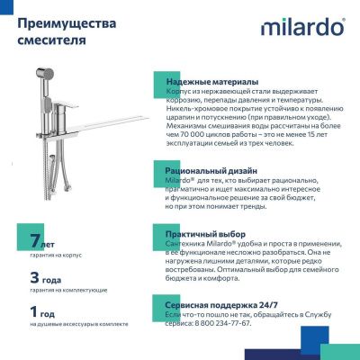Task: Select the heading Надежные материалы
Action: pos(211,82)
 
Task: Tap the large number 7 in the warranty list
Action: pos(34,241)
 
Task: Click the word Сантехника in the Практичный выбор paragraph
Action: pos(189,246)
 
